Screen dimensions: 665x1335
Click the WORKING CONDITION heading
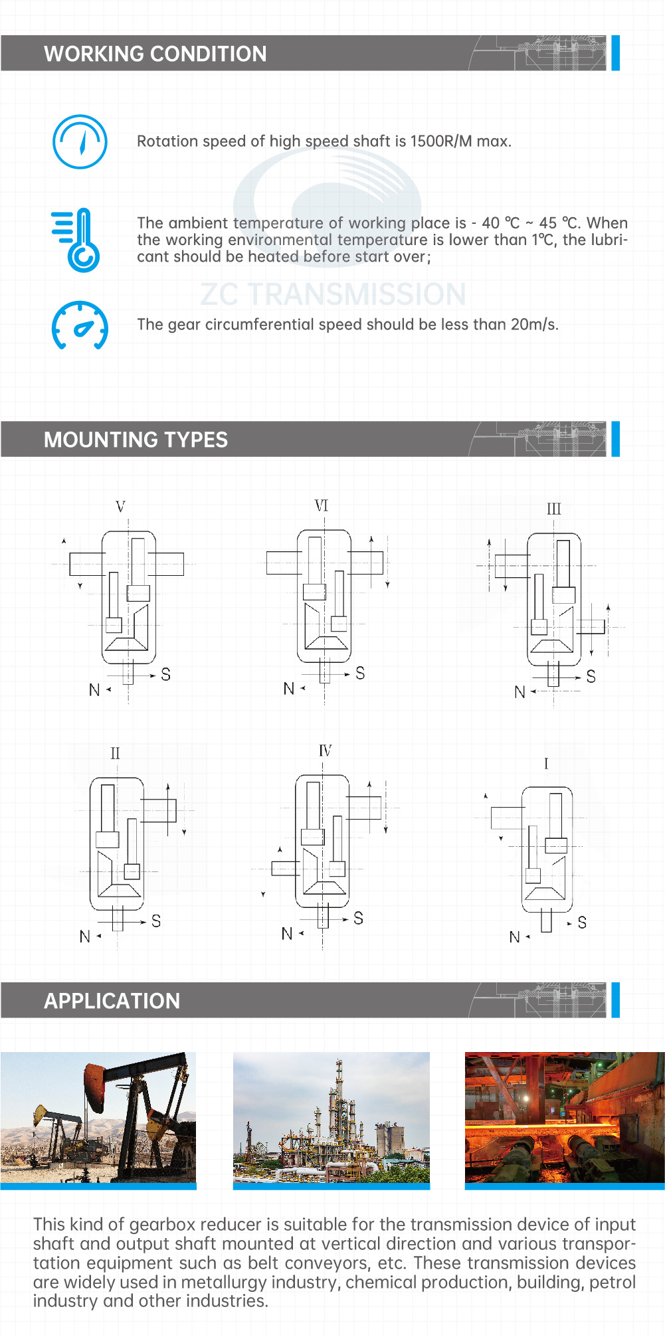(155, 54)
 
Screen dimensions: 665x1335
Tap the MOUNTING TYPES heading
(136, 440)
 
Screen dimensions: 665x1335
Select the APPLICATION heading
(112, 1001)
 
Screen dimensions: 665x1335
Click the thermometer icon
(76, 240)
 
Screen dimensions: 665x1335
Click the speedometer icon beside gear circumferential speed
(80, 325)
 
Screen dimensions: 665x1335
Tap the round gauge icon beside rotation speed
(80, 141)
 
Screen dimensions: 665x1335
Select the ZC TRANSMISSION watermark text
(333, 294)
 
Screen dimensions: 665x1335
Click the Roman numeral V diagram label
(120, 507)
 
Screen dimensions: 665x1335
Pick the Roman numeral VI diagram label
(322, 505)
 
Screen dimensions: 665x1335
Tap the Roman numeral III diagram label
(554, 509)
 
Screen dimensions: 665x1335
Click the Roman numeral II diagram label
(115, 753)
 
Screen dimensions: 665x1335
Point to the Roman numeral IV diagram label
(325, 751)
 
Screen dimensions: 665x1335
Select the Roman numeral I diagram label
(546, 764)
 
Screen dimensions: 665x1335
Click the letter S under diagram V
(165, 674)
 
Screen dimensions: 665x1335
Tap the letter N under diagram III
(520, 692)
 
